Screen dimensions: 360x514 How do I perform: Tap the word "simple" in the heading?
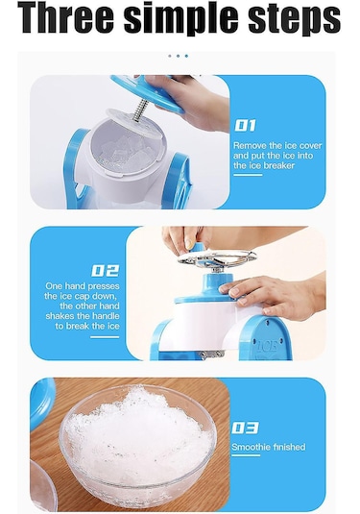(180, 18)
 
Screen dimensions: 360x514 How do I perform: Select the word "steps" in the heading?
(295, 19)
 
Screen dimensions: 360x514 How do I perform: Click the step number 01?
(245, 126)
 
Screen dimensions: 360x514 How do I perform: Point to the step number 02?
(105, 271)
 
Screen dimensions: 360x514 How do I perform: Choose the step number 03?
(245, 428)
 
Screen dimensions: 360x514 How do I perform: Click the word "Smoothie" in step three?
(252, 447)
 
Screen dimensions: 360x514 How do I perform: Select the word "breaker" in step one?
(279, 165)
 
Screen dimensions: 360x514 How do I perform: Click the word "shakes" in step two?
(60, 316)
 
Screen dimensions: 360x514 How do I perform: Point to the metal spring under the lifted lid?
(141, 110)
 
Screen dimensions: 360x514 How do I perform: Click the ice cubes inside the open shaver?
(128, 153)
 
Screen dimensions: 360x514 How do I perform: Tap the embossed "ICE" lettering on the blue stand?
(267, 346)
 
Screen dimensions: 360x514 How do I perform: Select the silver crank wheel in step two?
(217, 257)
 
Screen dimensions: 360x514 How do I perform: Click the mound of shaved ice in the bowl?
(137, 432)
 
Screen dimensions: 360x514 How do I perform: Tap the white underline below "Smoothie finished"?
(246, 455)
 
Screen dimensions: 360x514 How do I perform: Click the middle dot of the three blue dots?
(178, 56)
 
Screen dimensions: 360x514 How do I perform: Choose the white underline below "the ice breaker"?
(248, 175)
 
